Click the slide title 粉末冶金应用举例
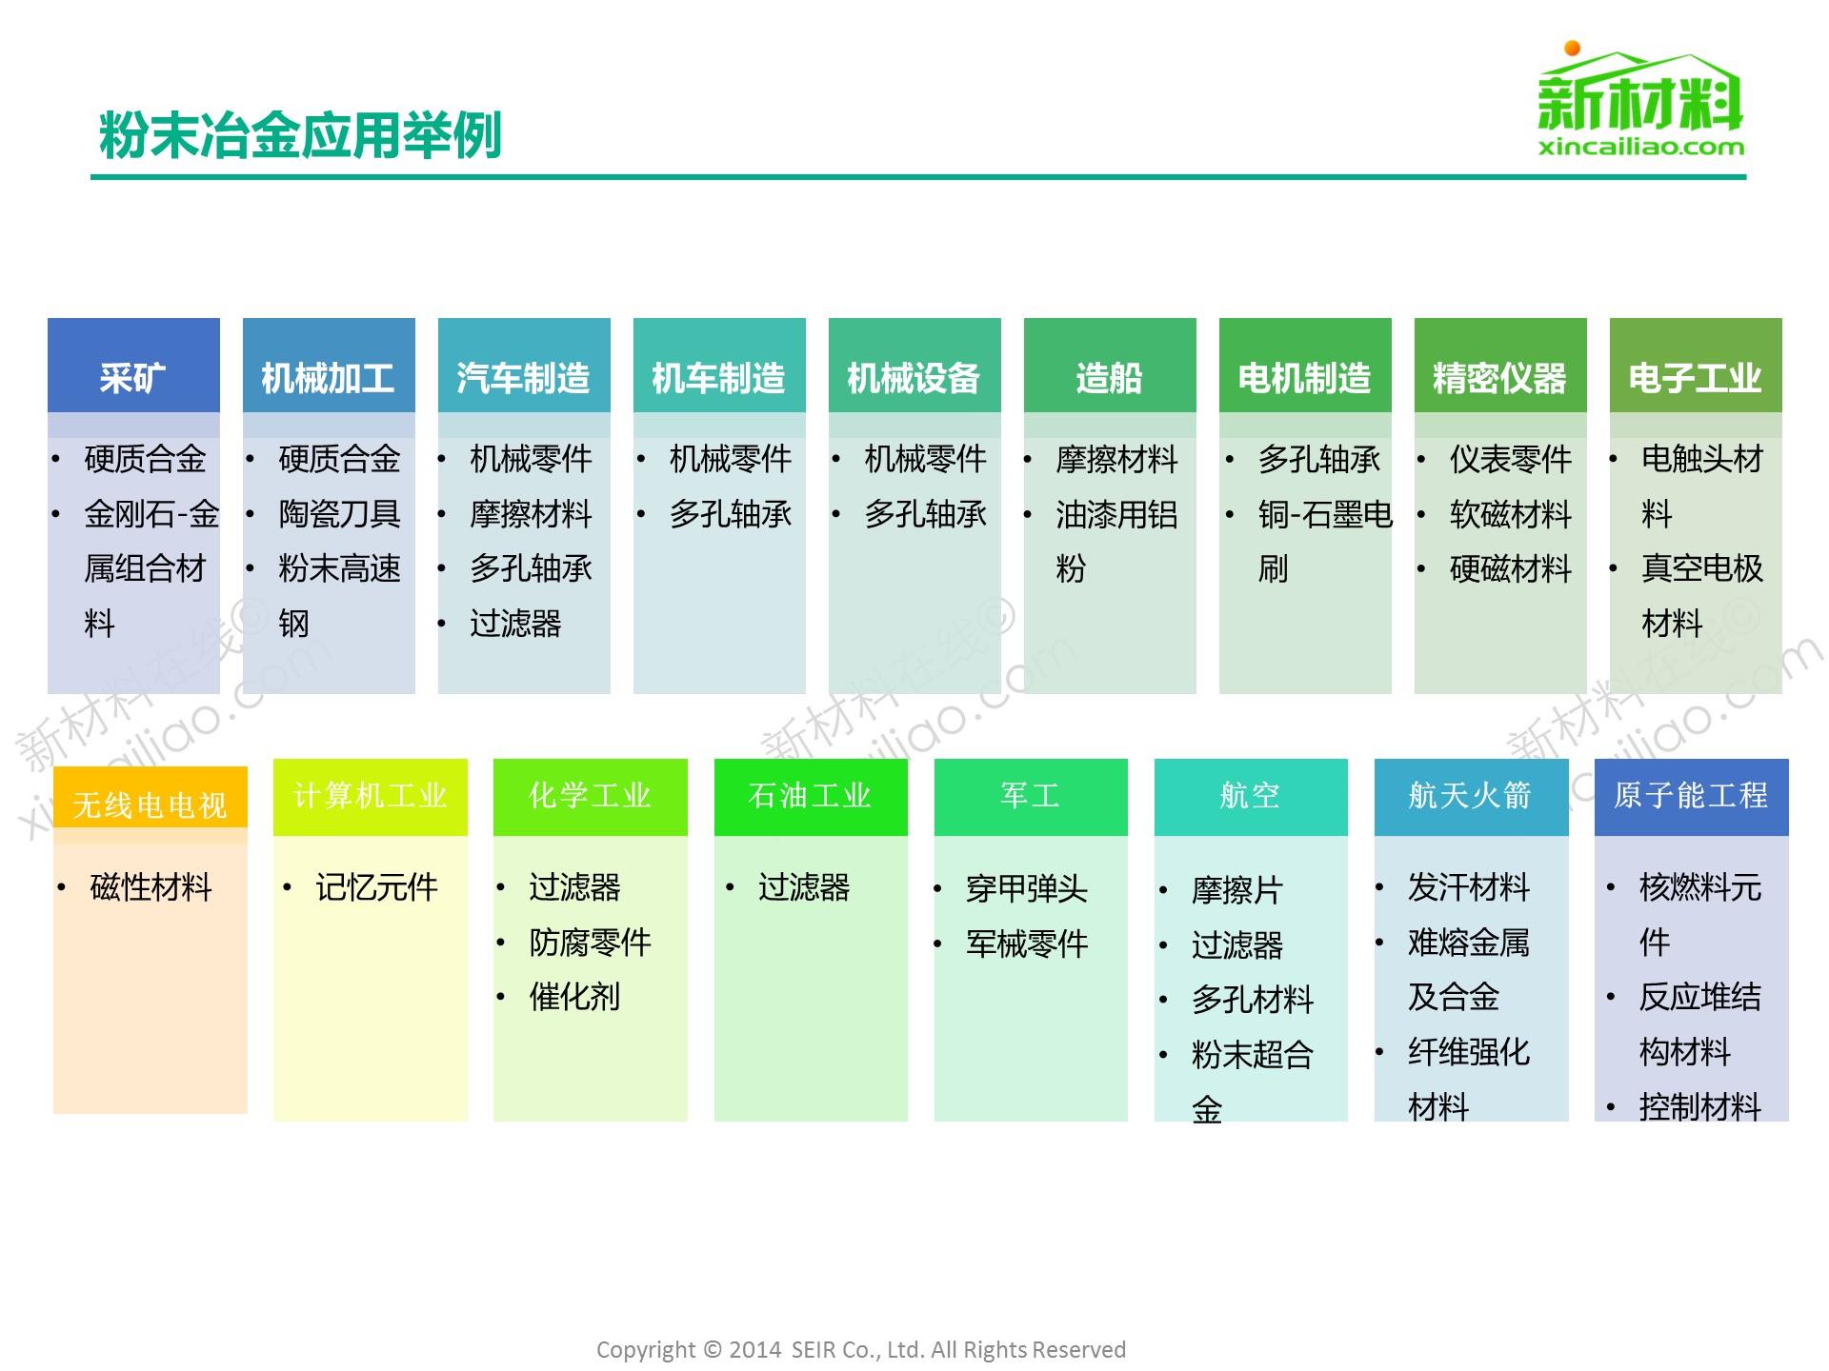point(300,136)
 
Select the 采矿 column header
point(133,366)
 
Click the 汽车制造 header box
point(524,366)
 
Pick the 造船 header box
point(1110,366)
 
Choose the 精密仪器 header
point(1500,366)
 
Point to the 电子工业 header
point(1696,366)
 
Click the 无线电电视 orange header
point(151,798)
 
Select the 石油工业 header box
point(811,797)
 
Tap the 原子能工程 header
point(1691,797)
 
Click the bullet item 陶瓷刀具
point(339,514)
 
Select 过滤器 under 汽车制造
point(515,624)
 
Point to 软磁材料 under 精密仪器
point(1510,514)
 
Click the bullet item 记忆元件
point(376,887)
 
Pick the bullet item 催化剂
point(574,997)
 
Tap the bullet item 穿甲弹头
point(1027,888)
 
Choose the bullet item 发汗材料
point(1469,887)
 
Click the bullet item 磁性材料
point(151,887)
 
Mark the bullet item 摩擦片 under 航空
point(1236,890)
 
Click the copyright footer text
point(861,1349)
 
